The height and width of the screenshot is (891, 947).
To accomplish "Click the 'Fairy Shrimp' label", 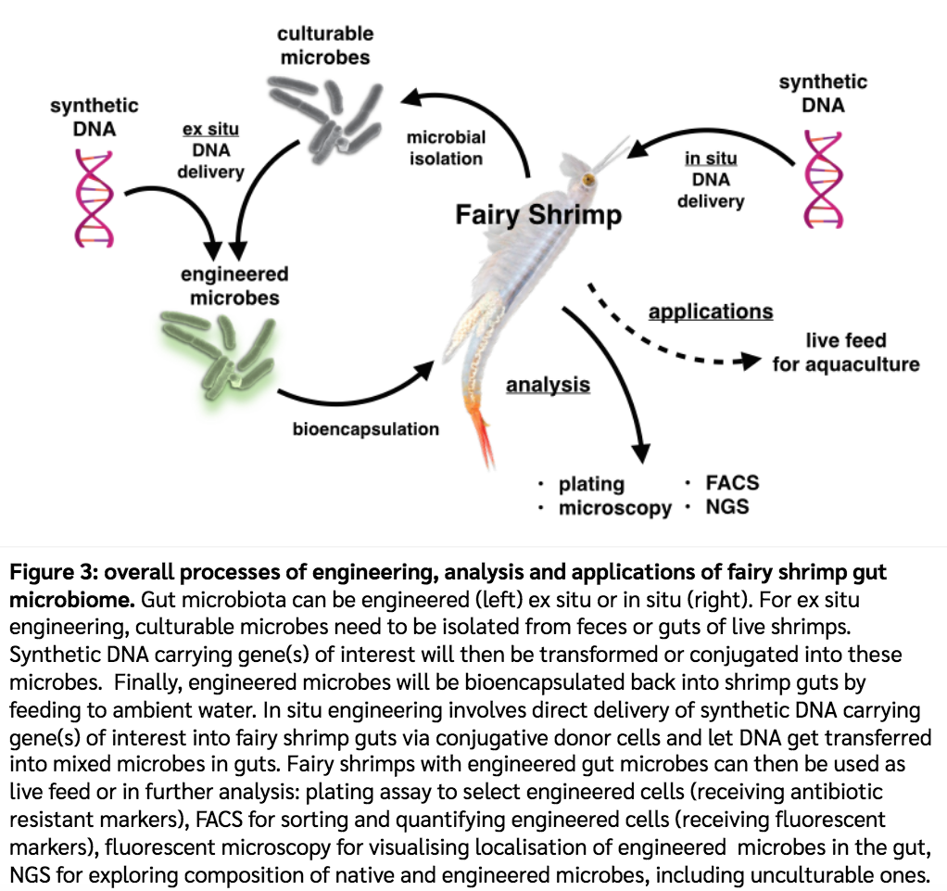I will tap(538, 215).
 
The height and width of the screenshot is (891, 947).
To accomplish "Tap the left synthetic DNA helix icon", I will tap(94, 198).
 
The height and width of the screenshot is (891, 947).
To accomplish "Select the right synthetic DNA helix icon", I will tap(823, 178).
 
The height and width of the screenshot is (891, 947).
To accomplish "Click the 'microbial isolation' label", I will tap(446, 147).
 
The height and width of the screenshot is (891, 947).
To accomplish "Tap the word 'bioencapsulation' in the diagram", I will tap(365, 429).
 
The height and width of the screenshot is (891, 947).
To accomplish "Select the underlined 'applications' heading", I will tap(711, 311).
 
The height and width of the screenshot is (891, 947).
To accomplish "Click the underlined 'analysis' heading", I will tap(548, 383).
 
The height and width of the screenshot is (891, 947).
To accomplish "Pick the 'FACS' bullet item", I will tap(732, 482).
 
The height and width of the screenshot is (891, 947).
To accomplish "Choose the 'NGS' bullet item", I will tap(726, 507).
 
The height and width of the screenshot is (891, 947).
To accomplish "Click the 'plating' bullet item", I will tap(591, 484).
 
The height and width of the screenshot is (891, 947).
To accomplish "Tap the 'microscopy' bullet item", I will tap(614, 508).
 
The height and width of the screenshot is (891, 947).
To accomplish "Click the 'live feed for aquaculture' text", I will tap(845, 352).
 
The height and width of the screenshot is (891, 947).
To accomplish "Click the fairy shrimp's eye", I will tap(587, 178).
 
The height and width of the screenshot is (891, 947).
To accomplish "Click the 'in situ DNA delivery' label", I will tap(711, 179).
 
